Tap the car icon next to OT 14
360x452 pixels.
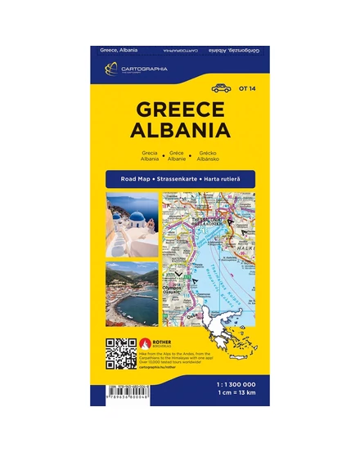(x=222, y=88)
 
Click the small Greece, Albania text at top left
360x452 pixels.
(x=119, y=48)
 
